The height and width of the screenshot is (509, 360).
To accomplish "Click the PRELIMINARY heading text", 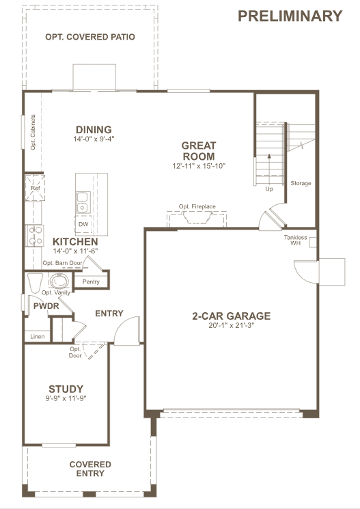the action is [x=290, y=16].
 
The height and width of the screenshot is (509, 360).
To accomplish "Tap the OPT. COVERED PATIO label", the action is [x=90, y=37].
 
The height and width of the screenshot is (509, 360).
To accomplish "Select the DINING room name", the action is [x=94, y=130].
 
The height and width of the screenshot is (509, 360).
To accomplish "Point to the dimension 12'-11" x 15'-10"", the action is [x=199, y=166].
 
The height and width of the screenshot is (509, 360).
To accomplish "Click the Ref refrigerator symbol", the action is [x=35, y=188].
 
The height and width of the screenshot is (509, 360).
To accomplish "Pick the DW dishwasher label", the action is [x=83, y=224].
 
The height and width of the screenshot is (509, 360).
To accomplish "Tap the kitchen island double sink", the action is [x=83, y=202].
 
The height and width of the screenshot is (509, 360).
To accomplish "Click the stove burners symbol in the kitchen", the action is [x=35, y=235].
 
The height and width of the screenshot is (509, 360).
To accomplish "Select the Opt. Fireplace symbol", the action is [x=197, y=219].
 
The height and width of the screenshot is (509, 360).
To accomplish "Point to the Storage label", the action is [x=301, y=183].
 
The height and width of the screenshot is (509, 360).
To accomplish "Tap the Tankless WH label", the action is [x=295, y=240].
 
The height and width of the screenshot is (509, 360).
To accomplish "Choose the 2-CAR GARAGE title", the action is [x=232, y=316].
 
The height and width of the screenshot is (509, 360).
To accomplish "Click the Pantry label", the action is [x=91, y=281].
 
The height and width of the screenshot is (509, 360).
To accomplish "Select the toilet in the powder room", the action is [x=35, y=283].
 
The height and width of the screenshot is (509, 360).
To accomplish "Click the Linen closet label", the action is [x=38, y=337].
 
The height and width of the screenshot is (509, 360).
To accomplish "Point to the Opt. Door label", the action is [x=75, y=353].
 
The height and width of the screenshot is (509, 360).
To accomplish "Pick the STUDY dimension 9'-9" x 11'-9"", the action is [x=66, y=398].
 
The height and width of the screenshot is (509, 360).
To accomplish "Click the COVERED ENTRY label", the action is [x=90, y=469].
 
